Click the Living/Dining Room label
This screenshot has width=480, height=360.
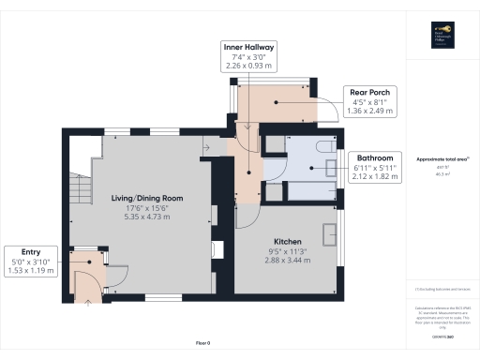145,199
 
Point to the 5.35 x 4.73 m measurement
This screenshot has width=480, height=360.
145,217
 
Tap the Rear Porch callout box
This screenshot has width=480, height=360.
372,101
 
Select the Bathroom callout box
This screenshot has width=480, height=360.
372,165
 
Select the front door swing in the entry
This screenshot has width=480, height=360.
91,279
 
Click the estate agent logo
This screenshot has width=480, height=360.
441,33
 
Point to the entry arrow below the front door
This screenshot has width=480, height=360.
89,302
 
